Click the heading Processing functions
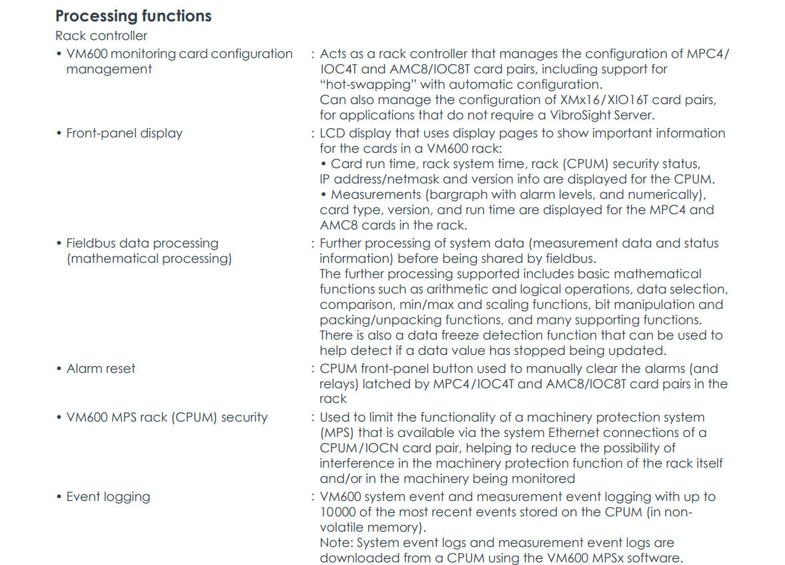click(x=133, y=16)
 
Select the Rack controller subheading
click(x=101, y=36)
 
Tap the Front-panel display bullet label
click(x=124, y=133)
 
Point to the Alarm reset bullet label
click(x=101, y=369)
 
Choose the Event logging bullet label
click(x=108, y=497)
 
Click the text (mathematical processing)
click(x=149, y=259)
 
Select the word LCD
click(x=333, y=133)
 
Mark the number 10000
click(x=340, y=513)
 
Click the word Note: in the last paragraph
click(x=336, y=544)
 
